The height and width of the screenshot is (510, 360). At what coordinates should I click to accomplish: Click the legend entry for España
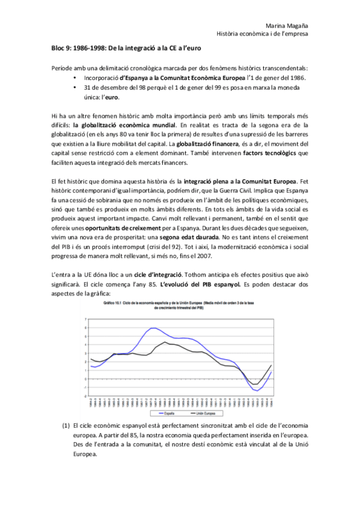click(169, 414)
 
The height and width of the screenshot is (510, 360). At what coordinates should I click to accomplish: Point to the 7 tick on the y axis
click(86, 319)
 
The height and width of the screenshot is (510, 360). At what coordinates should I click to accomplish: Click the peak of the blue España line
click(154, 328)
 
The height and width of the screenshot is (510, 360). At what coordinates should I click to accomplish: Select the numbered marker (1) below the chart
click(66, 425)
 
